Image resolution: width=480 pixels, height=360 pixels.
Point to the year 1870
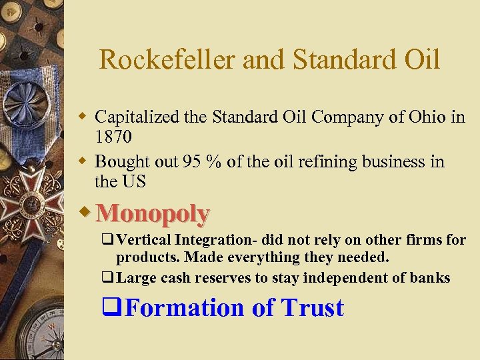pos(113,137)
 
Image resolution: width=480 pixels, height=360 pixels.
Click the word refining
pos(323,162)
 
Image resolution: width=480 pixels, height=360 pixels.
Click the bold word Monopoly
pos(153,213)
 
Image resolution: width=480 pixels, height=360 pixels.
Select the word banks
pos(431,277)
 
